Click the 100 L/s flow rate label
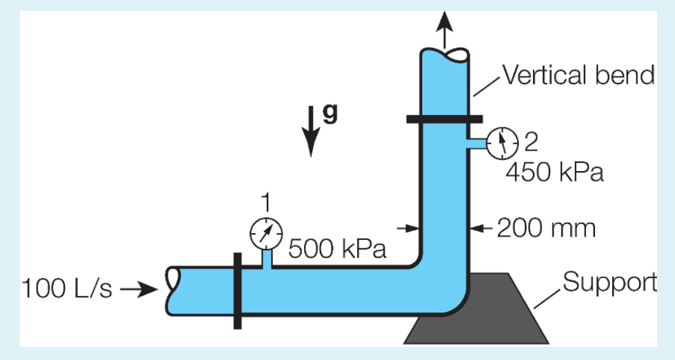tap(67, 288)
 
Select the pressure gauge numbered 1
tap(265, 234)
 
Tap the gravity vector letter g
tap(331, 114)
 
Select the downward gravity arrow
tap(312, 131)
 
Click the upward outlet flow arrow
tap(445, 28)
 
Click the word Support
tap(609, 282)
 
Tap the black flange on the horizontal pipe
tap(237, 290)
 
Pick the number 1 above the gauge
tap(265, 202)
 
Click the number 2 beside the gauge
tap(530, 141)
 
